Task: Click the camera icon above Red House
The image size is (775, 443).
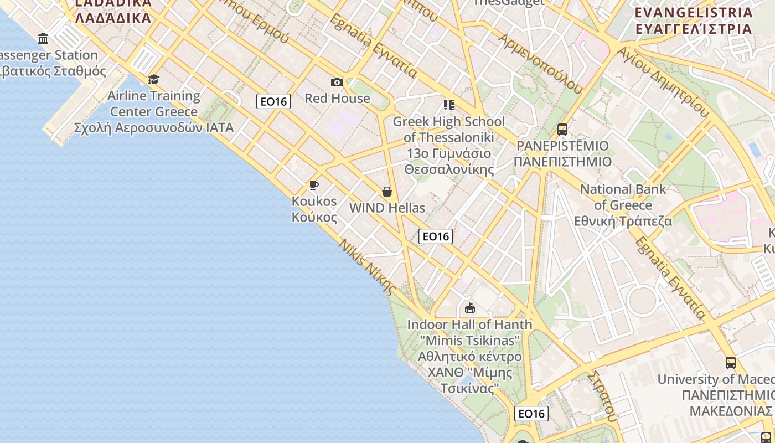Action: [337, 83]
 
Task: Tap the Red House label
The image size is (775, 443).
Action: [337, 99]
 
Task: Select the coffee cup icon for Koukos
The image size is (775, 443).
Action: [314, 185]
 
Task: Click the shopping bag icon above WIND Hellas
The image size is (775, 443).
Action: [387, 192]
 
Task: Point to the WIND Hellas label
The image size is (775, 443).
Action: [387, 208]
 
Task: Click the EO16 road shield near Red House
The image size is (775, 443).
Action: [273, 101]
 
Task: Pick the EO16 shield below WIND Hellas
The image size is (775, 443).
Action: [436, 236]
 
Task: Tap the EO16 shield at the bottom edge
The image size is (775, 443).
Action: [531, 414]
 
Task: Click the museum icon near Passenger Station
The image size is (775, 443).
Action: [43, 38]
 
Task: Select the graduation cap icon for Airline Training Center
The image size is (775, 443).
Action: [153, 79]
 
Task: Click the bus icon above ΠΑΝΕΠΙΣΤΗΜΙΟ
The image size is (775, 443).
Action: [562, 130]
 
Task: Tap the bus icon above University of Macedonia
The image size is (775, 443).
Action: [731, 363]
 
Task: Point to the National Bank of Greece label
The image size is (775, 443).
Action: [623, 205]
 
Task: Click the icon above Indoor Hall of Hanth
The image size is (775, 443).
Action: [470, 308]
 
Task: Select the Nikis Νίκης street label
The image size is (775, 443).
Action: [368, 267]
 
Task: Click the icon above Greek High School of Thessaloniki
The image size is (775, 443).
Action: [448, 105]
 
